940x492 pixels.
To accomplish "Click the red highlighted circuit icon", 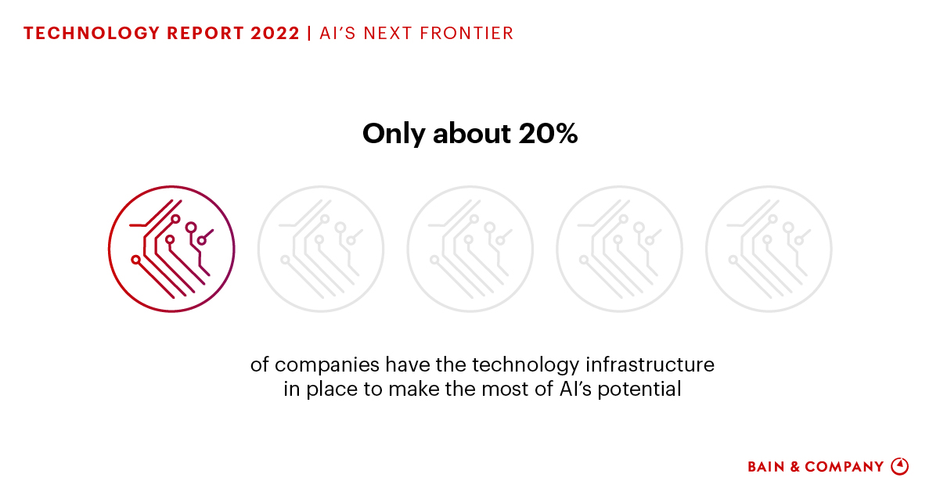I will point(171,250).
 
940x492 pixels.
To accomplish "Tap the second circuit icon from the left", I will point(321,250).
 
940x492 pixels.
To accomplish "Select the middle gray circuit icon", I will point(470,250).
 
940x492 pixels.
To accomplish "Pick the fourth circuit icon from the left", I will point(619,250).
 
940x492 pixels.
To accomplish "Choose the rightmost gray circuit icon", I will point(769,250).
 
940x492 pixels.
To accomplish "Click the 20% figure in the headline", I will point(548,135).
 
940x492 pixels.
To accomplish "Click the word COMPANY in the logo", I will point(844,467).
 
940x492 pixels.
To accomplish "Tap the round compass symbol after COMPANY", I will point(900,466).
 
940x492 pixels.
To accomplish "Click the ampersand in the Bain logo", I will point(794,467).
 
